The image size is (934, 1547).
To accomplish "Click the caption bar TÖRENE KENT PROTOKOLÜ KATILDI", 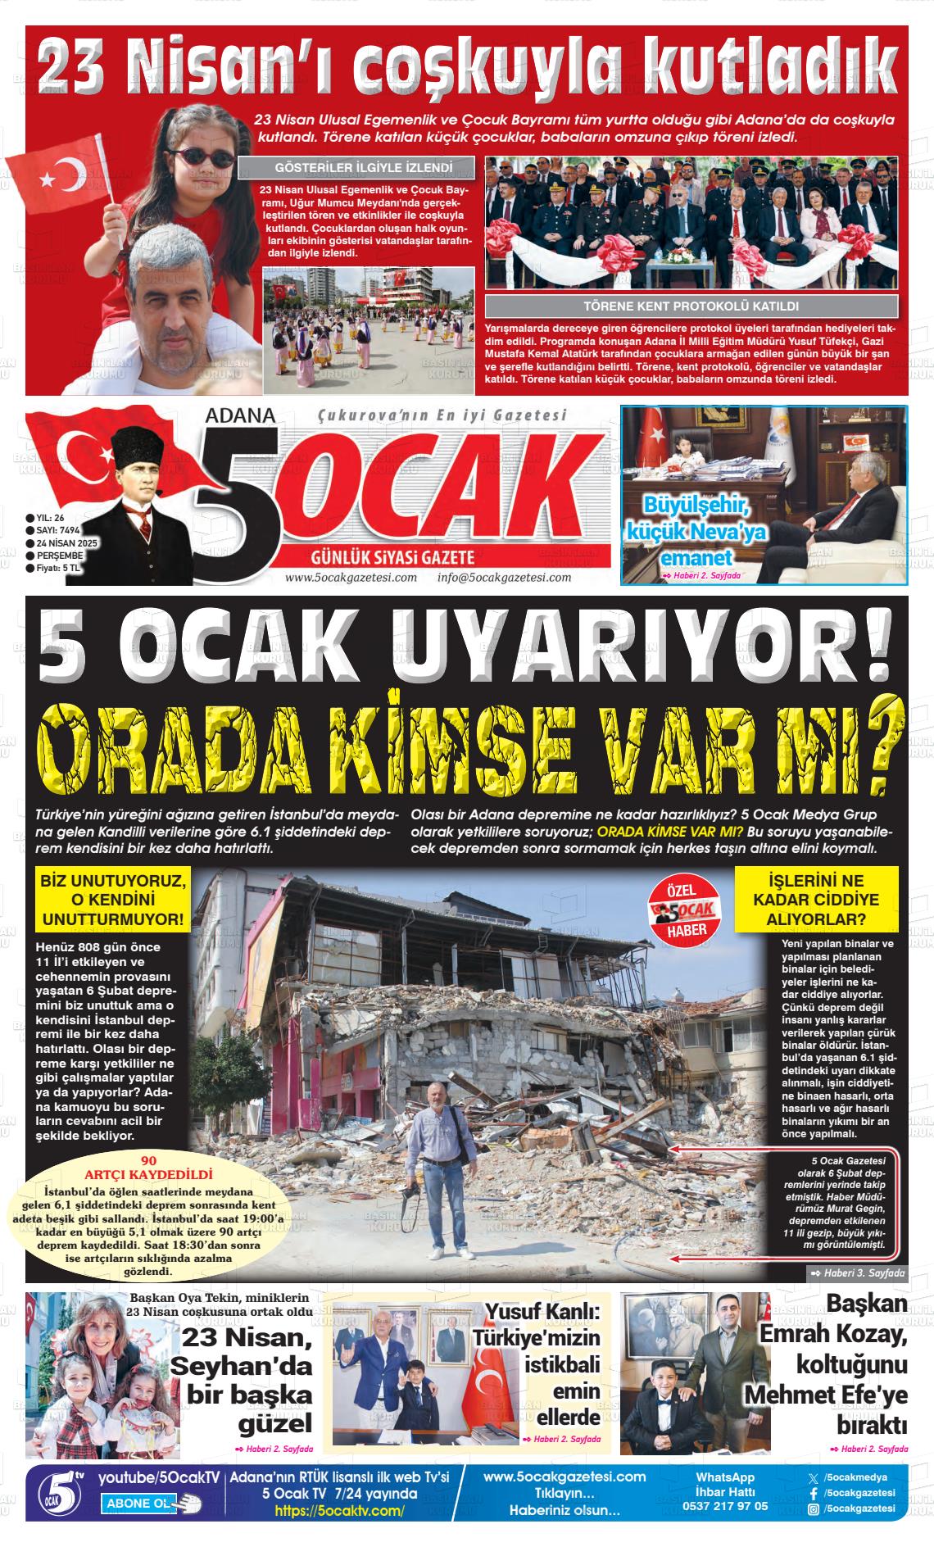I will (691, 306).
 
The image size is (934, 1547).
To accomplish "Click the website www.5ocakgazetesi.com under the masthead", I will (351, 577).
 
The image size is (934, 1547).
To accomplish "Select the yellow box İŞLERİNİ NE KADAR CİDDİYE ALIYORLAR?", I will (815, 900).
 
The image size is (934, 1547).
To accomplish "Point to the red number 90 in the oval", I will (148, 1161).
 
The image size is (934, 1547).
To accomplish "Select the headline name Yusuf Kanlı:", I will (543, 1311).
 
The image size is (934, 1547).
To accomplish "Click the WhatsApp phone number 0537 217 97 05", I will (725, 1505).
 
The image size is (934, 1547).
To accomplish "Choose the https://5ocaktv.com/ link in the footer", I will (339, 1511).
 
